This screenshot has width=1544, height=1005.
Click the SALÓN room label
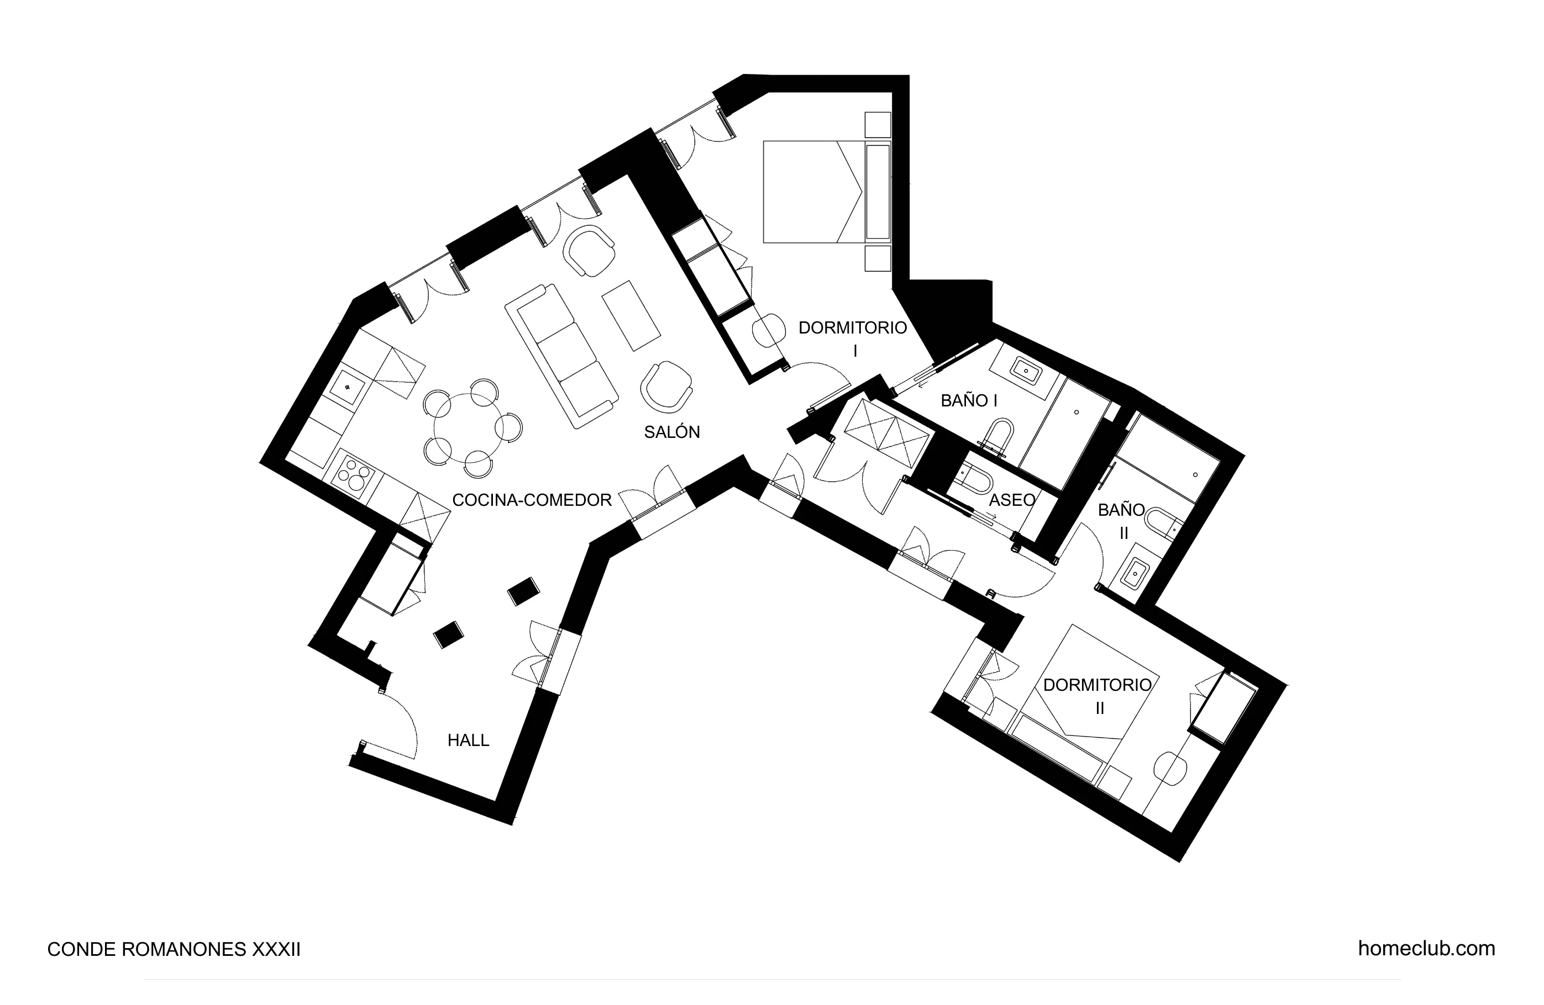click(671, 432)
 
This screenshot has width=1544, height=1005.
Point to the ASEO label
click(1011, 500)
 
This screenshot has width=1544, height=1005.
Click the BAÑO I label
click(969, 401)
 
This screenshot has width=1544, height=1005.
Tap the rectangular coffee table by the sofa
click(631, 316)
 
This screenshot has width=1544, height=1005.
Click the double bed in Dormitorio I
click(814, 192)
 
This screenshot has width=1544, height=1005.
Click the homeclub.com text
click(1426, 949)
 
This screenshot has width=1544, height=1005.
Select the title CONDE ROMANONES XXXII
click(174, 950)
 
